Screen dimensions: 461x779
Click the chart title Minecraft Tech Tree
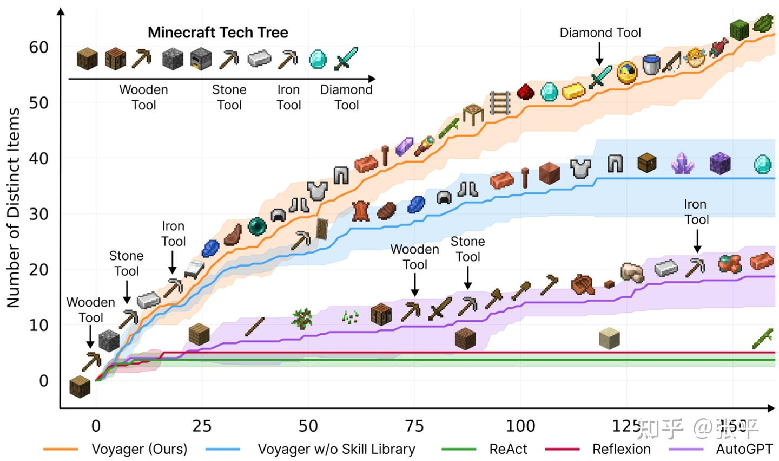tap(217, 33)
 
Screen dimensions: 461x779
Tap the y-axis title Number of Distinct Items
tap(13, 207)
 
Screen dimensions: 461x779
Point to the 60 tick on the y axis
tap(38, 48)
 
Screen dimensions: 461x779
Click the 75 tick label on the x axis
tap(414, 426)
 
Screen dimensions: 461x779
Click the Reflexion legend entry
tap(621, 449)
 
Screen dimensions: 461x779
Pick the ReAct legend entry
tap(508, 449)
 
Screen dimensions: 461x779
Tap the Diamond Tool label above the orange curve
tap(600, 33)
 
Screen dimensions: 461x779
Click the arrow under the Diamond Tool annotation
tap(599, 54)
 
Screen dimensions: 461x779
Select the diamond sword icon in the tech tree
tap(346, 58)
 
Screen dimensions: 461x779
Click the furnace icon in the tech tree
tap(201, 59)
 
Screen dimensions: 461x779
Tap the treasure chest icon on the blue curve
tap(646, 163)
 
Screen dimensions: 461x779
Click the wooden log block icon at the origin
tap(80, 386)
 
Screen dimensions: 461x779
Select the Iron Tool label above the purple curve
tap(696, 212)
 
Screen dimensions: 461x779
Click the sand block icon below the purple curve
tap(609, 338)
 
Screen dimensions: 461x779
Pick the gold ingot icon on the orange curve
tap(574, 92)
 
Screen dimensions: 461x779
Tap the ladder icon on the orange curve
tap(500, 103)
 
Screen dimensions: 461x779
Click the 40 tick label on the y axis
tap(38, 159)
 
